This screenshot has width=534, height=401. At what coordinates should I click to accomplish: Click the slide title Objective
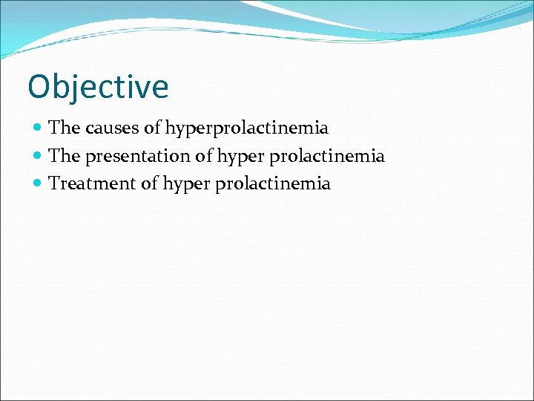coord(98,87)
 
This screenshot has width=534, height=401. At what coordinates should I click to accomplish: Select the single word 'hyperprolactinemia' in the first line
coord(246,128)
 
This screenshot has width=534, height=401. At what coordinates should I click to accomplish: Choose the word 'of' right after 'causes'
coord(152,128)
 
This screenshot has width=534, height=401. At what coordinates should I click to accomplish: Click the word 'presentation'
coord(138,156)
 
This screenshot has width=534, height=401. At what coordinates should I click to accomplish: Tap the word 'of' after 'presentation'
coord(203,155)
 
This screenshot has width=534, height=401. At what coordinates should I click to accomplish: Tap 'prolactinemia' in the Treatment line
coord(273,183)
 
